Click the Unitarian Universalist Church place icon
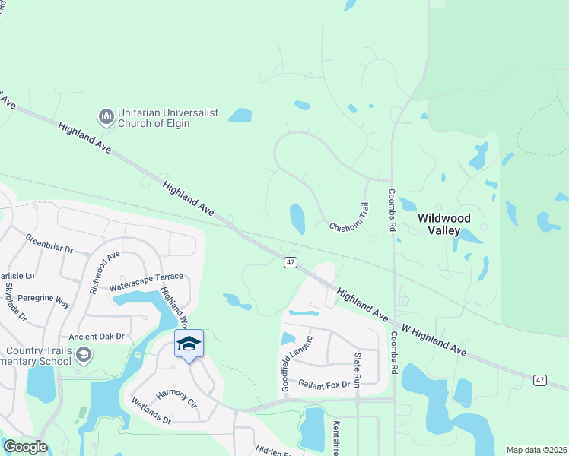pyautogui.click(x=106, y=117)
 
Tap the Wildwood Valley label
pyautogui.click(x=454, y=224)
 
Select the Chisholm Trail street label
pyautogui.click(x=349, y=219)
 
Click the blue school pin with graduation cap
pyautogui.click(x=189, y=345)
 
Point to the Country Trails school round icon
pyautogui.click(x=83, y=354)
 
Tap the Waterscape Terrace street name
pyautogui.click(x=146, y=282)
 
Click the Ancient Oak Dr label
pyautogui.click(x=96, y=336)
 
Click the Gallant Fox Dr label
pyautogui.click(x=323, y=385)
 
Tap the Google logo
pyautogui.click(x=24, y=446)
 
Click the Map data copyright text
pyautogui.click(x=536, y=450)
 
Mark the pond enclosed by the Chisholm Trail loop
pyautogui.click(x=297, y=218)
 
